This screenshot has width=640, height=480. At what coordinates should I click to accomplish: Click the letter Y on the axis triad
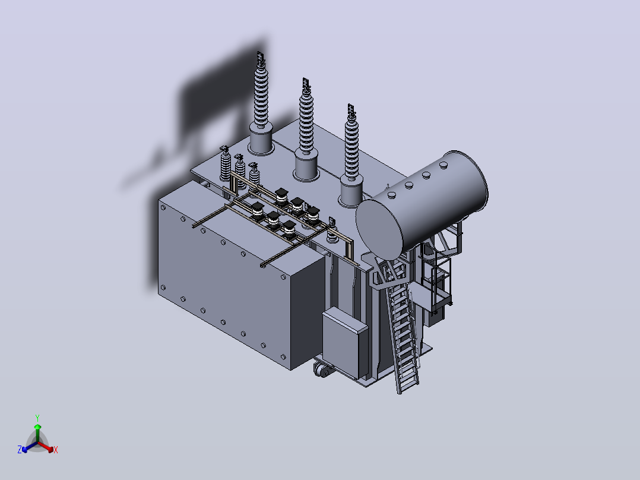(x=37, y=418)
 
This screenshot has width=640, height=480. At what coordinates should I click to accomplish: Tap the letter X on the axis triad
(x=56, y=450)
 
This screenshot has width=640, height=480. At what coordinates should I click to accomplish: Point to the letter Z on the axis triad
(x=20, y=450)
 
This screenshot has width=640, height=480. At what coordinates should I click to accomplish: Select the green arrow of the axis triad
(x=37, y=432)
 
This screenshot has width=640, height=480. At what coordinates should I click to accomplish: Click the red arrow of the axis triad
(x=46, y=447)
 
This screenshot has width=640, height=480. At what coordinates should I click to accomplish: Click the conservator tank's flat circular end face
(x=379, y=229)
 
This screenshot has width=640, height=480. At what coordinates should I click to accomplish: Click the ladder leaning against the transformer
(x=401, y=327)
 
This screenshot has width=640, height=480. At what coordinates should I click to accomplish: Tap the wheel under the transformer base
(x=322, y=370)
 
